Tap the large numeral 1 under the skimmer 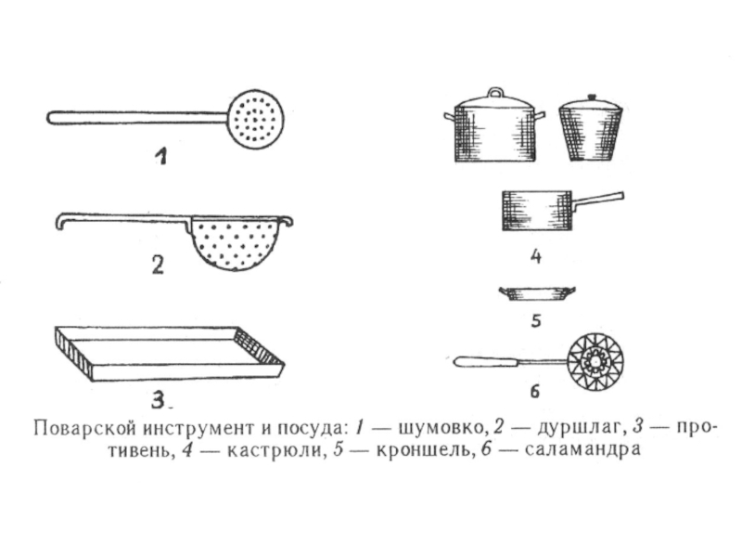[x=161, y=156]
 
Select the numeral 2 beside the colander [x=158, y=265]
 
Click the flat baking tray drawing [x=170, y=354]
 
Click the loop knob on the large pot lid [x=495, y=92]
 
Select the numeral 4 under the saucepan [x=536, y=256]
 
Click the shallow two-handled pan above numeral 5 [x=538, y=293]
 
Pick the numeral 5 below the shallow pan [x=536, y=320]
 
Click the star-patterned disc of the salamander [x=595, y=363]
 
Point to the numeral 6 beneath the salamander [x=535, y=392]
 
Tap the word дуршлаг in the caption [x=578, y=429]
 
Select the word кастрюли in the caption [x=274, y=450]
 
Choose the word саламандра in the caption [x=582, y=449]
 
